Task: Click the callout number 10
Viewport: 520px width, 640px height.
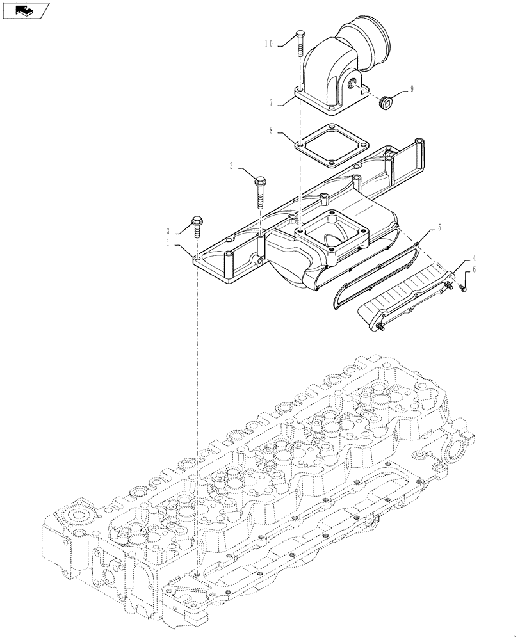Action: (268, 44)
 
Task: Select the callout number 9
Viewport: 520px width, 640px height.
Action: (411, 90)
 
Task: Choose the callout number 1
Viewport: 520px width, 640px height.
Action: (168, 243)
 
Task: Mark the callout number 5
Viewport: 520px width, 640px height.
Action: (439, 227)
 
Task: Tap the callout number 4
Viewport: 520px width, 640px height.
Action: (473, 257)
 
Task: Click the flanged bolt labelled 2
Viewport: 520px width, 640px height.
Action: (261, 191)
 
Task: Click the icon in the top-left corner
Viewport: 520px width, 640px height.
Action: (26, 10)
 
